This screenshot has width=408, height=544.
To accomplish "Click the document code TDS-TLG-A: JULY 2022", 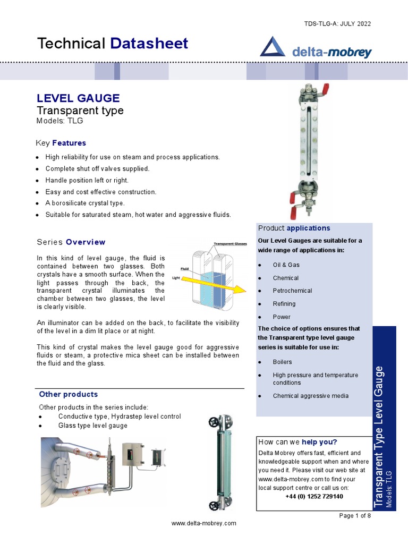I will click(x=337, y=23).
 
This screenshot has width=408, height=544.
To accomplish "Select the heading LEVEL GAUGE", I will click(x=78, y=98).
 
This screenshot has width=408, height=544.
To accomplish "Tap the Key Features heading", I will click(x=61, y=143).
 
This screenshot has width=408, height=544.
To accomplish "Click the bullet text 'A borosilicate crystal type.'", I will click(x=85, y=203).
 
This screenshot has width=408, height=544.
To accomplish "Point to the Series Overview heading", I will click(x=71, y=242).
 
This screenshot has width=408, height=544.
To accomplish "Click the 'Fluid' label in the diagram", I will click(x=185, y=269).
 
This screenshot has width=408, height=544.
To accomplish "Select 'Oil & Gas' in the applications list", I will click(x=286, y=265).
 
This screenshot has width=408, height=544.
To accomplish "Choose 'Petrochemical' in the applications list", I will click(x=292, y=291).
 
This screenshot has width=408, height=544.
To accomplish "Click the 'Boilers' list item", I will click(x=282, y=362).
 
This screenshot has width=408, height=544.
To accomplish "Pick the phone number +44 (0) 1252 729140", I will click(x=314, y=496).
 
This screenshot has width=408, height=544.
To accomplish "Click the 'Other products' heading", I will click(x=69, y=394).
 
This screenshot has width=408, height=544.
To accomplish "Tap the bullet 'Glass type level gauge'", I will click(x=92, y=426).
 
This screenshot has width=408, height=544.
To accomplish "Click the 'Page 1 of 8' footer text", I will click(x=355, y=515).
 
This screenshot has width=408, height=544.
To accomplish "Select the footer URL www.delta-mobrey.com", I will click(x=203, y=523).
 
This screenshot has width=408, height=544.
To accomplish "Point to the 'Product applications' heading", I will click(x=294, y=228).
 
